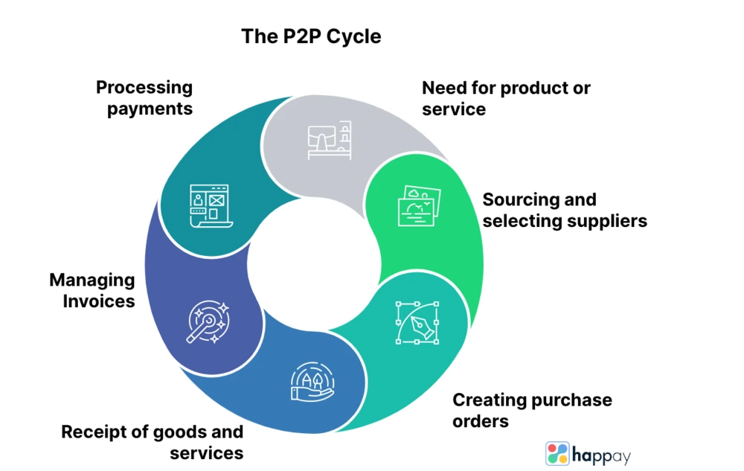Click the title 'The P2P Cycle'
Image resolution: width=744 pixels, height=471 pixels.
pyautogui.click(x=311, y=36)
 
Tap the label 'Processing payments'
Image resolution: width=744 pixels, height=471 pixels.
pyautogui.click(x=144, y=97)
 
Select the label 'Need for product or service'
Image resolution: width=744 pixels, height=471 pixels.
pyautogui.click(x=506, y=98)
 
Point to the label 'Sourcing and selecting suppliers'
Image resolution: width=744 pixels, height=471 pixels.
pyautogui.click(x=565, y=210)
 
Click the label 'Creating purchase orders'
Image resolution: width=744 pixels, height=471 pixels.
pyautogui.click(x=532, y=410)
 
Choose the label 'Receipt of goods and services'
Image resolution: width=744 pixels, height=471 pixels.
pyautogui.click(x=153, y=442)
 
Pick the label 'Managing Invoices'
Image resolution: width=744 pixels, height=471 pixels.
pyautogui.click(x=92, y=291)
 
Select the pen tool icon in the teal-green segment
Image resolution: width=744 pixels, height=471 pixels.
pyautogui.click(x=417, y=322)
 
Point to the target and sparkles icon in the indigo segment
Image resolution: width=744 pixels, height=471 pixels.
pyautogui.click(x=208, y=322)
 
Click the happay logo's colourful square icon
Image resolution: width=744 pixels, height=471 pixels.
pyautogui.click(x=557, y=454)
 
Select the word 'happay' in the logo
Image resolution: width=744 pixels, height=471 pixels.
pyautogui.click(x=601, y=455)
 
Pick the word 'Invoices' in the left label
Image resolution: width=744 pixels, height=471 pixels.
pyautogui.click(x=98, y=301)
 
